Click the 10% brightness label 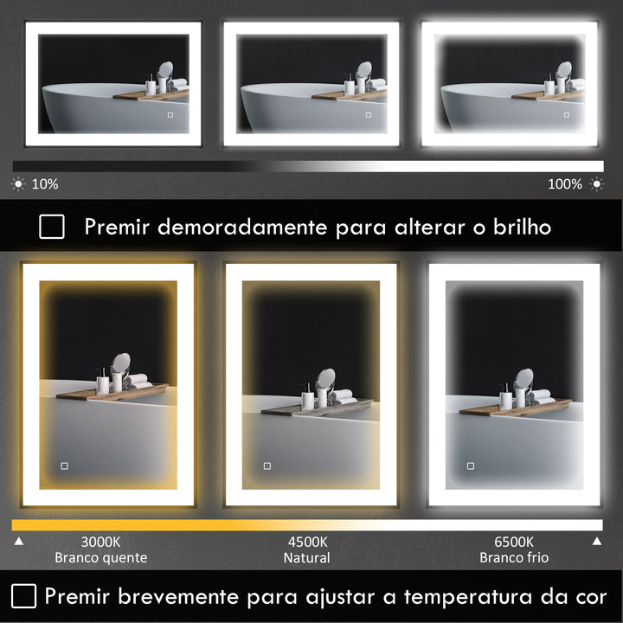[45, 184]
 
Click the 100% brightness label [565, 184]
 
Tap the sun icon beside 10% [19, 184]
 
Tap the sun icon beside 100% [596, 184]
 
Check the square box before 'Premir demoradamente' [52, 227]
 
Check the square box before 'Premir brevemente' [24, 595]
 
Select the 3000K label [100, 542]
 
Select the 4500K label [307, 542]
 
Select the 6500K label [514, 542]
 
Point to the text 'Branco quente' [100, 558]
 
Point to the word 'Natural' [307, 558]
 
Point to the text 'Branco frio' [514, 558]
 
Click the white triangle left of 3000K [19, 542]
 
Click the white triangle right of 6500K [596, 542]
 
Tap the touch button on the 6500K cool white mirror [471, 466]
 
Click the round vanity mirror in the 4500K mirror [326, 379]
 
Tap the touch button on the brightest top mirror [567, 114]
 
